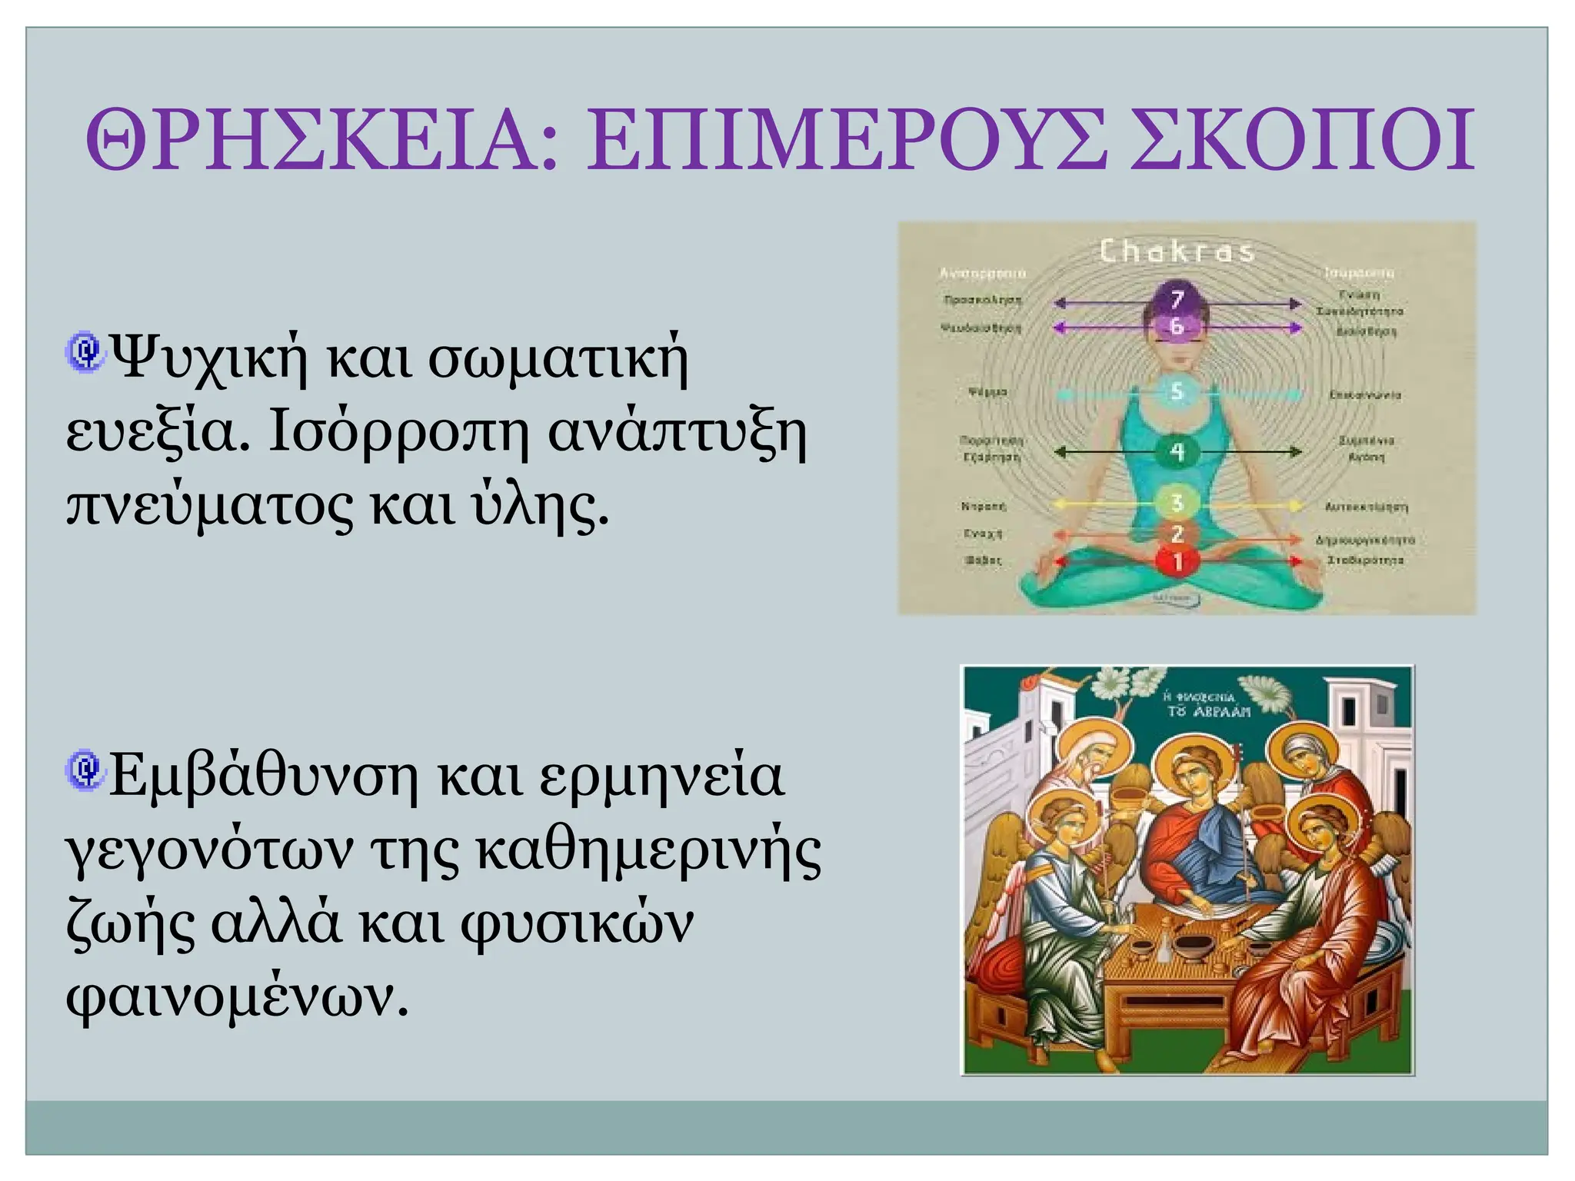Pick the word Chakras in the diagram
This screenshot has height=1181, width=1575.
click(x=1177, y=251)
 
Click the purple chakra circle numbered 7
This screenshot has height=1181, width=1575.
click(x=1177, y=298)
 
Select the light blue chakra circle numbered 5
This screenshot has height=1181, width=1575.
click(x=1177, y=393)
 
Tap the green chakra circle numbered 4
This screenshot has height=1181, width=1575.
click(x=1177, y=452)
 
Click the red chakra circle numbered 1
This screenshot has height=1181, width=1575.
click(x=1177, y=562)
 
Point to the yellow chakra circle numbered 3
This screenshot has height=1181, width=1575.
click(x=1177, y=504)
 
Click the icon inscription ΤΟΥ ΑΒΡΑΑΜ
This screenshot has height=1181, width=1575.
click(x=1209, y=711)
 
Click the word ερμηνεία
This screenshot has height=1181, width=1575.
click(x=661, y=777)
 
